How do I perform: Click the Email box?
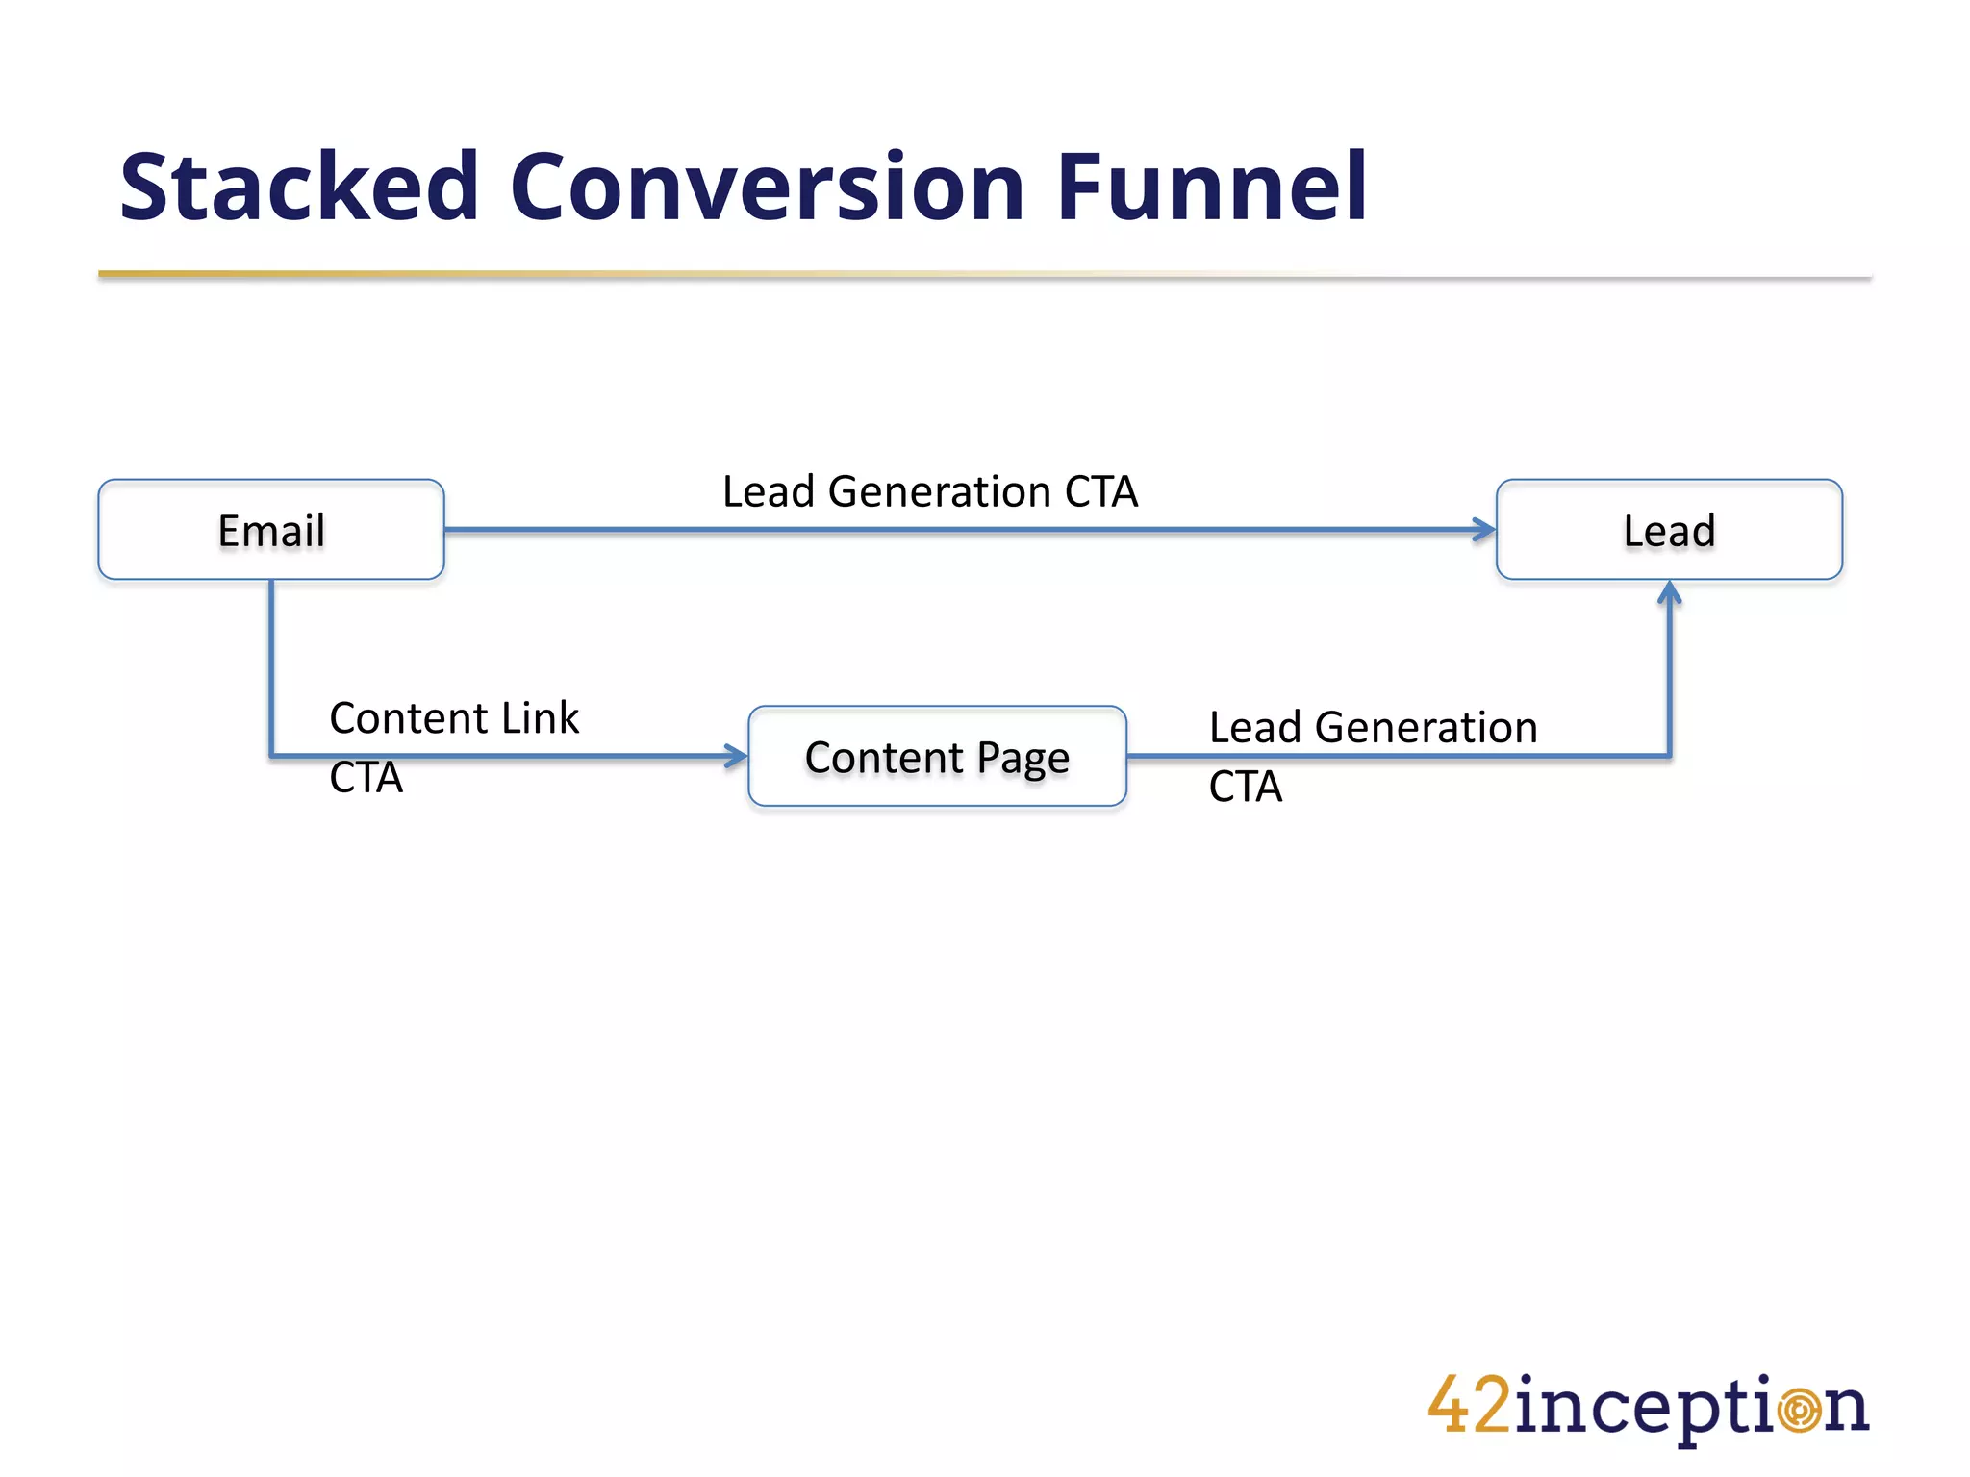271,530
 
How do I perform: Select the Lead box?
1669,530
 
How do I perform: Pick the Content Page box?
937,757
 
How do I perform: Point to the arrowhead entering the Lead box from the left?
1485,529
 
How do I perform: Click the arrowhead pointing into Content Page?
738,756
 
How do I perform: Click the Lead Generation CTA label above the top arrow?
930,491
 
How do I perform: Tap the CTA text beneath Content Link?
366,778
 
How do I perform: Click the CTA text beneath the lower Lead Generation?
1246,787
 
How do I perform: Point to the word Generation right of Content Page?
1426,728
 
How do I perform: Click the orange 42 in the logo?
1469,1406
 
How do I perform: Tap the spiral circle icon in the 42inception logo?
1798,1411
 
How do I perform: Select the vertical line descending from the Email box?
271,663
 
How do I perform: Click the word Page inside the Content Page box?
1023,760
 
